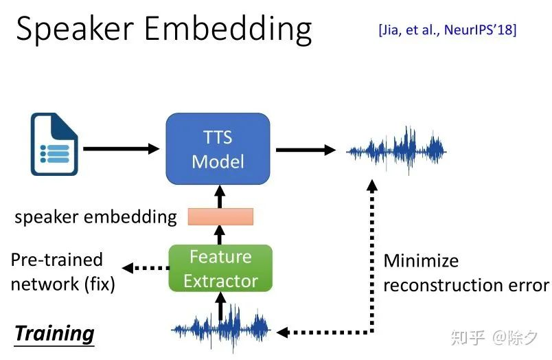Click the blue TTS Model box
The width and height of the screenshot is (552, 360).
218,148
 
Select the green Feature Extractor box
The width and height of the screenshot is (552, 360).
220,269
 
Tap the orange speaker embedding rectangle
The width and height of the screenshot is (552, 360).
220,216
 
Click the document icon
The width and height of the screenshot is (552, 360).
54,144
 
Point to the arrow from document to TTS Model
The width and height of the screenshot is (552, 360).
121,148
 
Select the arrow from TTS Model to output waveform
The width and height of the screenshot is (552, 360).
306,150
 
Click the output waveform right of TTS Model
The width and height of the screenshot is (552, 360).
396,150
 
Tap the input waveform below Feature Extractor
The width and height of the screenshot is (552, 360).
221,329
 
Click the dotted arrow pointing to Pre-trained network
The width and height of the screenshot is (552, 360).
146,268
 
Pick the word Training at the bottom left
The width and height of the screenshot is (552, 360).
54,333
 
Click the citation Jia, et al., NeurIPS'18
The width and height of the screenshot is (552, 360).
448,30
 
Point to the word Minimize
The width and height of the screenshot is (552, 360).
421,261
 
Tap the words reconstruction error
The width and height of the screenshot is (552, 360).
466,285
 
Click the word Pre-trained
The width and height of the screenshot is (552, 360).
57,260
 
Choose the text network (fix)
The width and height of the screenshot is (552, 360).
63,284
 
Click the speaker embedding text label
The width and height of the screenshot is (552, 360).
95,217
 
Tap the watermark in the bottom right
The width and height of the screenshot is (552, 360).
494,337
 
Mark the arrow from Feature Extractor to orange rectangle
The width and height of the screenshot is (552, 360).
220,235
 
